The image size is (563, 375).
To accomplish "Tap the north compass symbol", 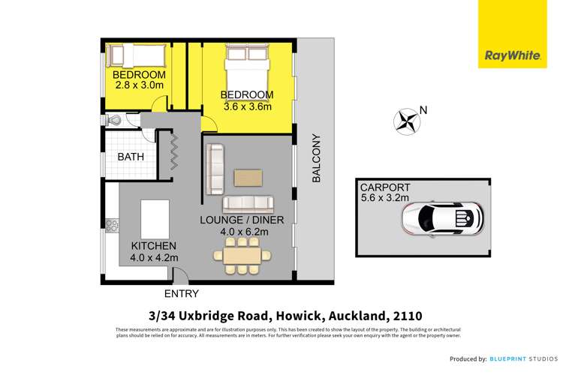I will tap(408, 120).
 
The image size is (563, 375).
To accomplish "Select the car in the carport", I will tap(442, 218).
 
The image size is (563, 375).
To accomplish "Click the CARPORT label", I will tap(383, 187).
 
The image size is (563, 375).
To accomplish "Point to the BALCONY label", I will tap(316, 158).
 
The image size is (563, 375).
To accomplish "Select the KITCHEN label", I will tap(153, 246).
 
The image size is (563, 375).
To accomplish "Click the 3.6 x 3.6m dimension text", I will tap(245, 106).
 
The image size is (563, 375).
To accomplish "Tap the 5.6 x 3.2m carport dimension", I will tap(384, 198).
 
